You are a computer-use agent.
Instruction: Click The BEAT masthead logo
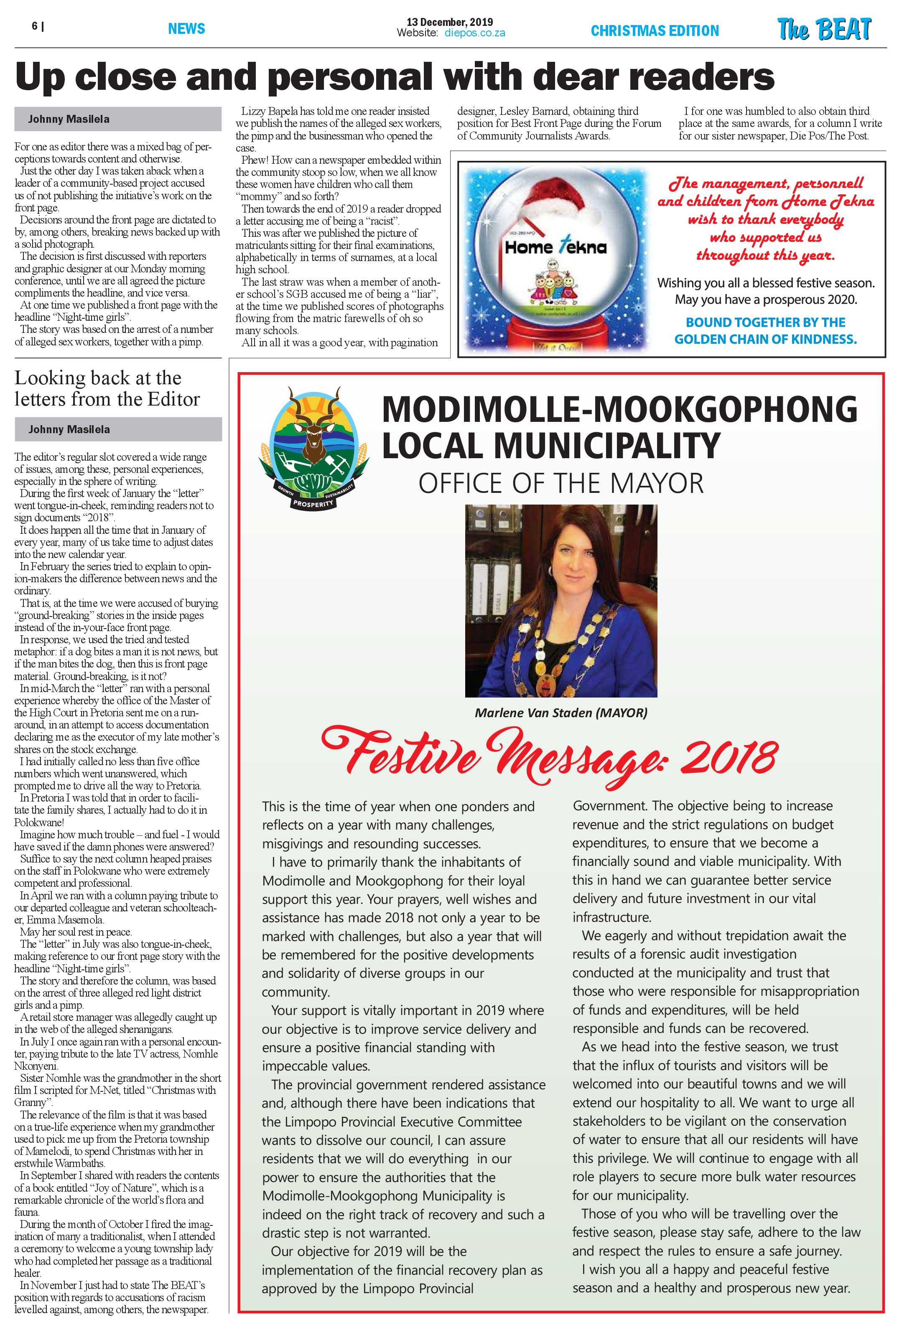coord(824,29)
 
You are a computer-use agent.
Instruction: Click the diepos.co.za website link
coord(474,33)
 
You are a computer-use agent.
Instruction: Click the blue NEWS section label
coord(186,29)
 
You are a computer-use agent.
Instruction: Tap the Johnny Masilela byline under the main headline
coord(69,119)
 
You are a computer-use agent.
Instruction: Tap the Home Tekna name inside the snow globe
coord(555,248)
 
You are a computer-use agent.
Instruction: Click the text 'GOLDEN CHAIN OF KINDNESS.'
coord(765,339)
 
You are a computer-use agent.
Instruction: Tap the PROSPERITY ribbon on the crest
coord(313,504)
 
